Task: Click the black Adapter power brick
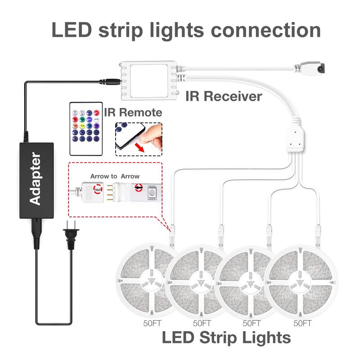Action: [x=36, y=180]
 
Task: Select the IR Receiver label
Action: [x=224, y=96]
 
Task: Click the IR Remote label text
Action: [x=133, y=112]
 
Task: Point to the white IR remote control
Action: [x=86, y=129]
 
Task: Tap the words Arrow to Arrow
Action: [x=115, y=176]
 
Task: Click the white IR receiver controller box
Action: [x=149, y=81]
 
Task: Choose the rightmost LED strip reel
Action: [x=301, y=281]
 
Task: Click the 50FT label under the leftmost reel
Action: [x=152, y=323]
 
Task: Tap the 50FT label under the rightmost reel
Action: [x=302, y=323]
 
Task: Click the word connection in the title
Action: [x=265, y=30]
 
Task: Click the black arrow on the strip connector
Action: [x=139, y=188]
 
